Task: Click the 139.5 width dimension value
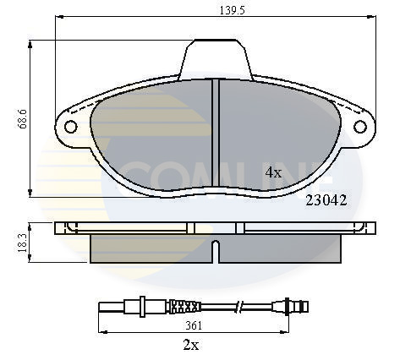[x=233, y=10]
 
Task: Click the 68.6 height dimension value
[x=22, y=119]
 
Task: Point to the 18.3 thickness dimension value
[x=23, y=243]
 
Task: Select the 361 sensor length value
[x=194, y=325]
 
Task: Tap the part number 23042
[x=326, y=200]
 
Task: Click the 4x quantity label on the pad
[x=273, y=172]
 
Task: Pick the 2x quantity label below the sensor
[x=191, y=344]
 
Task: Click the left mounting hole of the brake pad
[x=70, y=127]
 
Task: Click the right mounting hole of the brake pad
[x=360, y=127]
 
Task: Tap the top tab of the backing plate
[x=216, y=58]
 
